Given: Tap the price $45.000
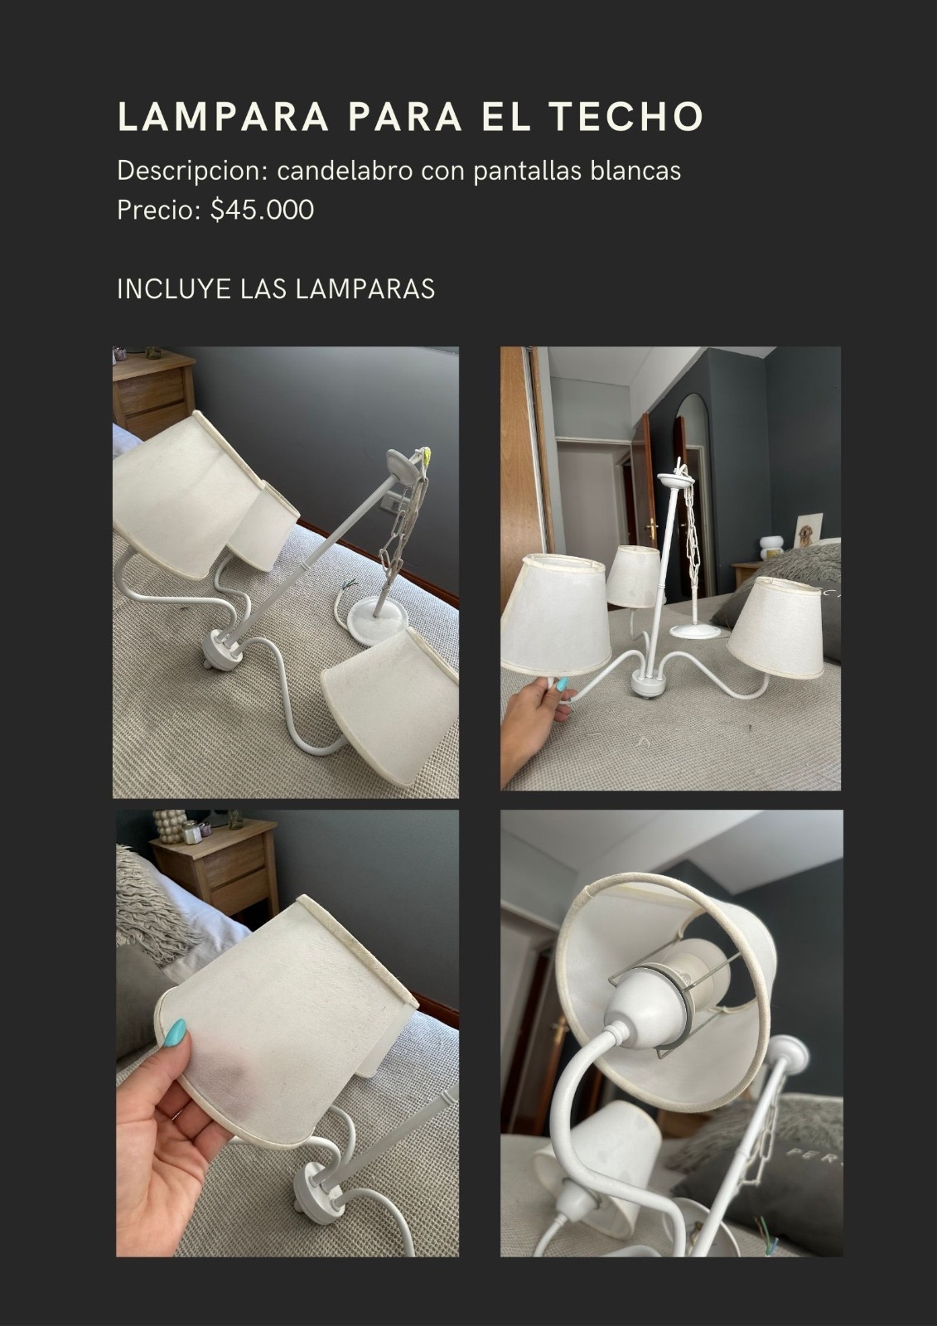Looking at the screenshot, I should point(262,210).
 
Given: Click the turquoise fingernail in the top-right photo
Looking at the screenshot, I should point(561,685).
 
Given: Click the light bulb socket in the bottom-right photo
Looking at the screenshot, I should point(648,994).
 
